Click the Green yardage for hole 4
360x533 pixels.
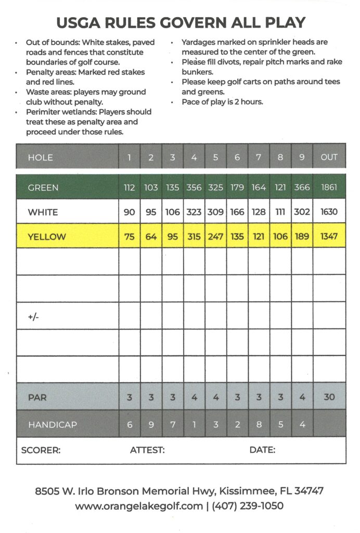point(194,187)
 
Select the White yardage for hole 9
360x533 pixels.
point(302,212)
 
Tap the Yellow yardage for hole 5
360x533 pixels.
point(215,236)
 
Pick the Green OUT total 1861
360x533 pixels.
point(329,187)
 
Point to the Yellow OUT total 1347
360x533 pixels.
point(329,236)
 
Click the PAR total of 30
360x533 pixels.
point(329,397)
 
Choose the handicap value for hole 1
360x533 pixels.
point(130,425)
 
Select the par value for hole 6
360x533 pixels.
point(237,397)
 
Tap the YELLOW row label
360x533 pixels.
point(47,236)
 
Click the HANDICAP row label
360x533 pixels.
point(53,425)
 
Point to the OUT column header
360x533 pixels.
point(329,157)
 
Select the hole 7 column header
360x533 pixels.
point(259,157)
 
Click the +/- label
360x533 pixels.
point(34,316)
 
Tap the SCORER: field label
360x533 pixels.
point(41,450)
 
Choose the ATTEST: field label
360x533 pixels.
point(147,450)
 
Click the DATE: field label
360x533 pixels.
point(262,450)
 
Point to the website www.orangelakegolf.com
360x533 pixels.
point(139,506)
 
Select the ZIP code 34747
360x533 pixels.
point(309,491)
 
